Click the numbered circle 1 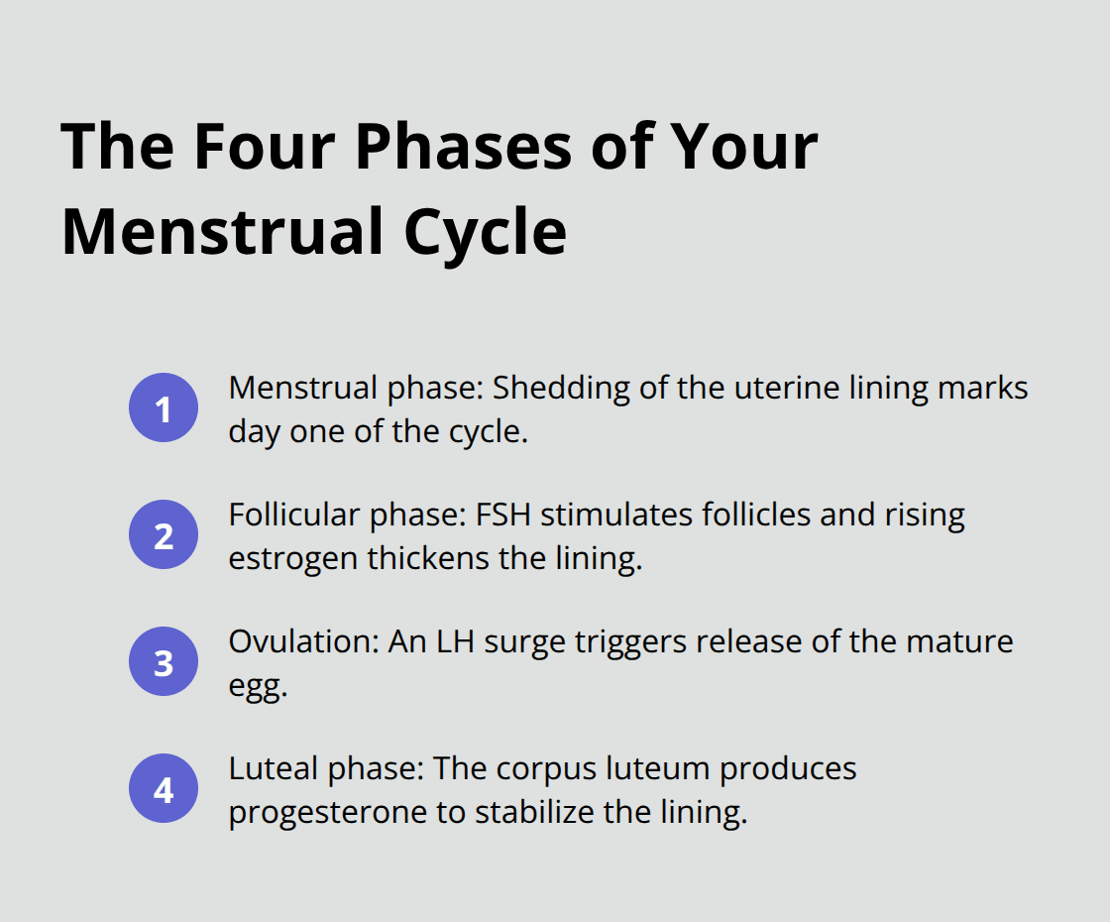pyautogui.click(x=164, y=407)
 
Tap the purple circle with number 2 pyautogui.click(x=164, y=534)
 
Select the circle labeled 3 pyautogui.click(x=164, y=661)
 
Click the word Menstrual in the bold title pyautogui.click(x=212, y=232)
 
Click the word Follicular pyautogui.click(x=294, y=515)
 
